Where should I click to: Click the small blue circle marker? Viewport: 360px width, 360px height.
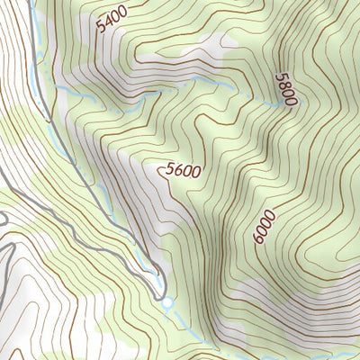(x=166, y=302)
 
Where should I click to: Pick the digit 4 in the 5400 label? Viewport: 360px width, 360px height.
(x=107, y=21)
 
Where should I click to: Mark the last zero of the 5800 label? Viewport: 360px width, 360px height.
(x=290, y=103)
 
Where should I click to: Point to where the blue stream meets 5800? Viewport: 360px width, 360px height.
(x=274, y=105)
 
